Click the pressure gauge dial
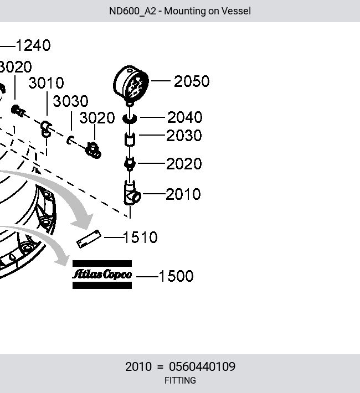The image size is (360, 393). coord(131,84)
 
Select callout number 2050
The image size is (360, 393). coord(192,81)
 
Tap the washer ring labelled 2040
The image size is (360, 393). coord(130,118)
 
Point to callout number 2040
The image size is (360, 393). coord(184,117)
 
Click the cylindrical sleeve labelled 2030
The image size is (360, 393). coord(130,139)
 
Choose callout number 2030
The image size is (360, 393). coord(184,136)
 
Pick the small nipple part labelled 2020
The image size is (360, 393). coord(130,164)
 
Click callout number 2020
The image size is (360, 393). coord(184,164)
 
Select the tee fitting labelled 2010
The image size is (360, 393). coord(132,194)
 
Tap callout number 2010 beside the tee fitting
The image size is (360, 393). coord(183,194)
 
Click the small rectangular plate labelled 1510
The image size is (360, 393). coord(89,239)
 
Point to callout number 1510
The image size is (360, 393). coord(141,237)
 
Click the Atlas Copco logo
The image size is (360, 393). coord(102,275)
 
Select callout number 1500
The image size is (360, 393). coord(176,276)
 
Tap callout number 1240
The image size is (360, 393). coord(33,45)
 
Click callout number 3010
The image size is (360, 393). coord(46,83)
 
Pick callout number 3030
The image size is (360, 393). coord(70,101)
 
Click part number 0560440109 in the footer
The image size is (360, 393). coord(202,366)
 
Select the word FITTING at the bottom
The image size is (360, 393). coord(180,380)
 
